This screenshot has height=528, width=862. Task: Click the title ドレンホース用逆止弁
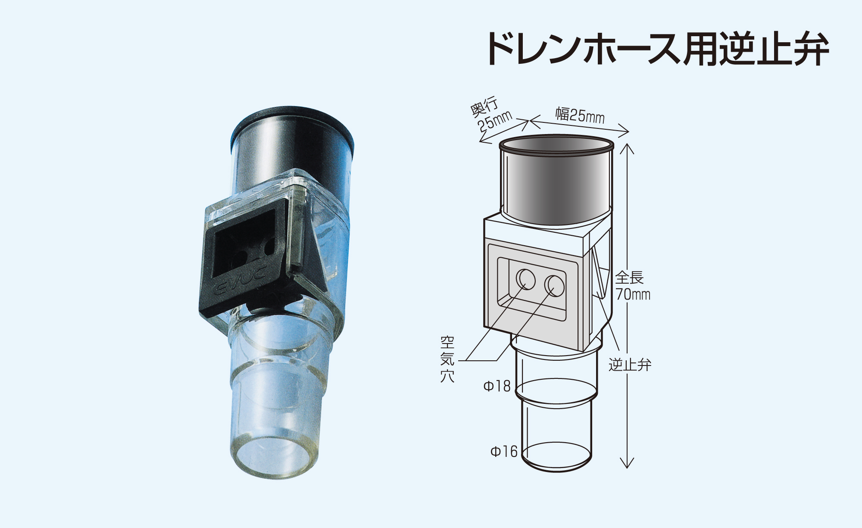[x=657, y=49]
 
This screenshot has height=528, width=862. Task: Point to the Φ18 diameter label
[x=497, y=386]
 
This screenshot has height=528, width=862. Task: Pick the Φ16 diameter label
[x=503, y=452]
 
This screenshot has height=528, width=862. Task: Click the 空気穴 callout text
[x=447, y=359]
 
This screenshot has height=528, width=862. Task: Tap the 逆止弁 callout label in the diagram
[x=630, y=365]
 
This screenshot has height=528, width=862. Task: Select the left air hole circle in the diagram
[x=526, y=279]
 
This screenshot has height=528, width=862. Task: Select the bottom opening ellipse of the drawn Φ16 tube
[x=556, y=457]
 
